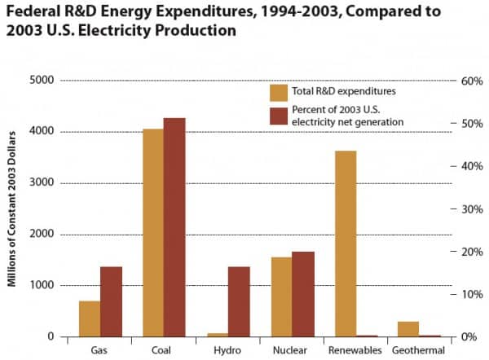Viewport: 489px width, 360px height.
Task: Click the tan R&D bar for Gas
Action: click(x=90, y=318)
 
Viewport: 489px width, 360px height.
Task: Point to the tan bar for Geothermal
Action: click(x=408, y=329)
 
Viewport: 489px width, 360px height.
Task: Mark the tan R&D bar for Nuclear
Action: click(x=281, y=296)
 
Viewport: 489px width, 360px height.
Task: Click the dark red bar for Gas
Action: click(x=112, y=301)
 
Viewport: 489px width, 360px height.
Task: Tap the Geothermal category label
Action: click(x=419, y=351)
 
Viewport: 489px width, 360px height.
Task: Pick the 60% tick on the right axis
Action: click(x=471, y=81)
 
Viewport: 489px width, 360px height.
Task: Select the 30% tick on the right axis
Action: click(x=471, y=209)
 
